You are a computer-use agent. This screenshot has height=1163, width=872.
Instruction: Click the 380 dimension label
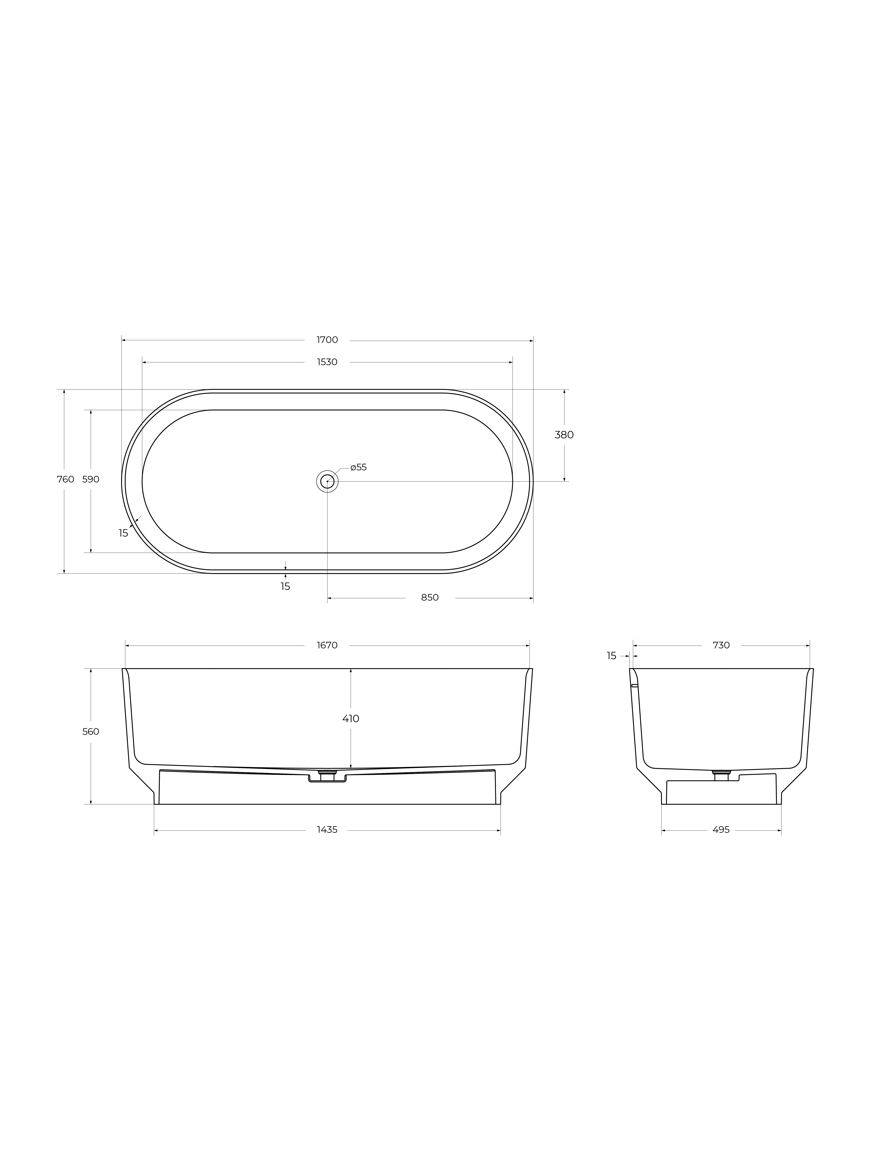pos(564,435)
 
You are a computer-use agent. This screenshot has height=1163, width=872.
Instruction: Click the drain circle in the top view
pos(327,481)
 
